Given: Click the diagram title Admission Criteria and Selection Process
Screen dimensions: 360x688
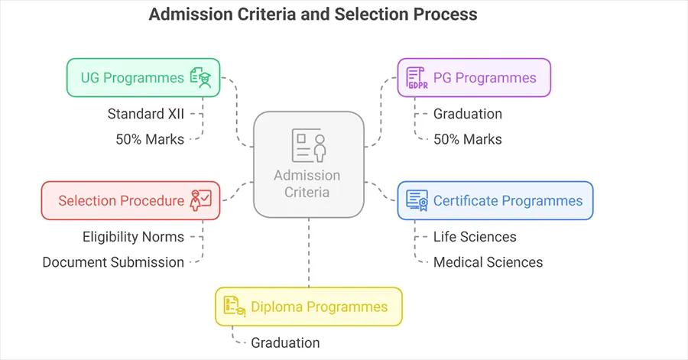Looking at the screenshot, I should coord(313,15).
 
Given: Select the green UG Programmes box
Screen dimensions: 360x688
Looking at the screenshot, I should coord(143,77).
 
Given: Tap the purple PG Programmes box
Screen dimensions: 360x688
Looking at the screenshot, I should coord(474,77).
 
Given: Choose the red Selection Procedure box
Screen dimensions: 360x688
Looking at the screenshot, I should coord(131,201).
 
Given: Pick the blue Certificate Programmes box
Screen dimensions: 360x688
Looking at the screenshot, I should coord(495,201).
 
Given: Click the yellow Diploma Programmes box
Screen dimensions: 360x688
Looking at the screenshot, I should coord(308,306).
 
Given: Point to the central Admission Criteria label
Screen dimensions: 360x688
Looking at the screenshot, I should coord(307,183).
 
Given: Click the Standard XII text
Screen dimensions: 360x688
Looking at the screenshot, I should coord(145,114).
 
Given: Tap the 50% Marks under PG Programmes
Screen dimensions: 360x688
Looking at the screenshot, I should coord(467,138).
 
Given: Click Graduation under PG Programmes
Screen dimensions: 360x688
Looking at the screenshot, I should coord(467,114).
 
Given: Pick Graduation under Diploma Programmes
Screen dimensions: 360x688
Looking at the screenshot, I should coord(285,342).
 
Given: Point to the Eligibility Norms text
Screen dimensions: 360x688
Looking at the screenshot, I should coord(133,237).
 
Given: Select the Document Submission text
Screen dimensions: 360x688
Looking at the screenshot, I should coord(113,262).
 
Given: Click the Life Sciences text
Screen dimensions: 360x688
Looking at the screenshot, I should coord(475,237).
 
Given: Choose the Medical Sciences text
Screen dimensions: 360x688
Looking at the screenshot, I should coord(488,262).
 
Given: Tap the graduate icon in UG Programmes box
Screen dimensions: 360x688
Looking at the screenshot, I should coord(201,77).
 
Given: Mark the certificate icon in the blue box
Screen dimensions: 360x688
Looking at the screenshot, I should coord(417,201).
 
